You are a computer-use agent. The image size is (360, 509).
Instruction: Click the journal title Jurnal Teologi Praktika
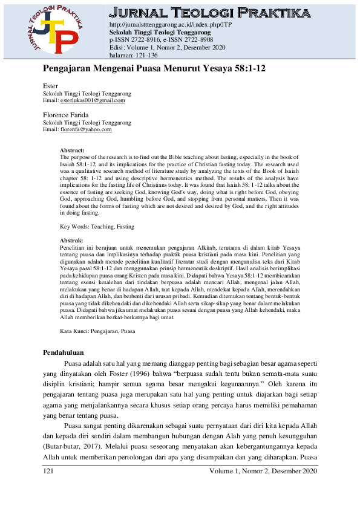pos(211,13)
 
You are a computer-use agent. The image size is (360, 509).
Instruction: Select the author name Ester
pos(50,86)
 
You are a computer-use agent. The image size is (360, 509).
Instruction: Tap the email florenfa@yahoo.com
pos(87,129)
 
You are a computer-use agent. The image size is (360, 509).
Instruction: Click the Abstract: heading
pos(72,149)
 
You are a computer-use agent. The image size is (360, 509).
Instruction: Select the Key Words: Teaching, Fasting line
pos(97,227)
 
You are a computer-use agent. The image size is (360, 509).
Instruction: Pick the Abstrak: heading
pos(71,241)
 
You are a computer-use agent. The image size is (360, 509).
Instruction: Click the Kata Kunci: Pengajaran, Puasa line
pos(97,332)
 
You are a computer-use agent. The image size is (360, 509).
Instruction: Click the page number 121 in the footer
pos(49,471)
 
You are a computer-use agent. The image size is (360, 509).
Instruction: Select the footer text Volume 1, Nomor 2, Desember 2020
pos(263,471)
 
